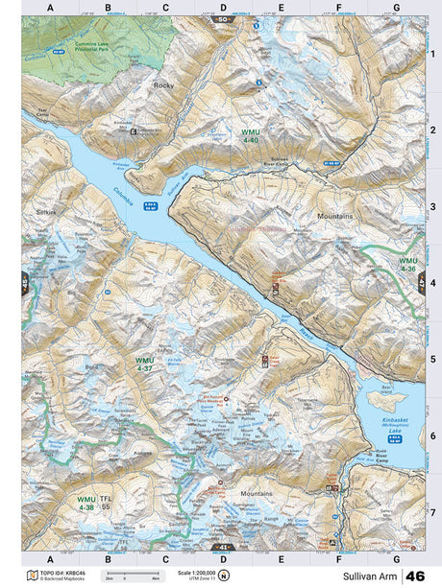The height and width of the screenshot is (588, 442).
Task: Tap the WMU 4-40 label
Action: pyautogui.click(x=250, y=135)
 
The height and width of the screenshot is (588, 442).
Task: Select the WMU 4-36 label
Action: pyautogui.click(x=408, y=264)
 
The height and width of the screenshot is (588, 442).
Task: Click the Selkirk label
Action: pyautogui.click(x=47, y=209)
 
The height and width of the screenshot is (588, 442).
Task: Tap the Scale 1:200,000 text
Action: pyautogui.click(x=192, y=573)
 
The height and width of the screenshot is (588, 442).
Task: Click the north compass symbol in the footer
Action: pyautogui.click(x=224, y=576)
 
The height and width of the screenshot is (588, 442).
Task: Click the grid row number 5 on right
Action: pyautogui.click(x=433, y=360)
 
